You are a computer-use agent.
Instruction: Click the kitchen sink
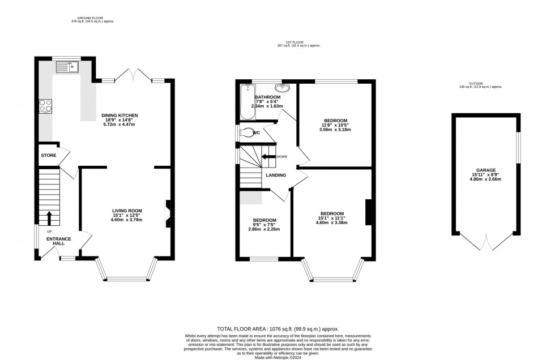click(x=67, y=68)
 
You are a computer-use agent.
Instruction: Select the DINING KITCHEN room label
click(x=119, y=115)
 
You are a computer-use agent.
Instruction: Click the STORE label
click(x=48, y=155)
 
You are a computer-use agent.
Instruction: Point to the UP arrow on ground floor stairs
click(x=49, y=217)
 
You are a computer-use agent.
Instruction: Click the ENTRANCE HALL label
click(x=59, y=242)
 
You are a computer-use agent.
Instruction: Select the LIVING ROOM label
click(x=126, y=211)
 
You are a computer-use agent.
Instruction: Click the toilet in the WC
click(x=247, y=134)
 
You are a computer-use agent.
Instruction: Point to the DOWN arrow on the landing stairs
click(x=268, y=157)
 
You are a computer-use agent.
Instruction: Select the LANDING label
click(x=276, y=175)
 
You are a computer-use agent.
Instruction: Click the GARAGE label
click(x=486, y=170)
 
